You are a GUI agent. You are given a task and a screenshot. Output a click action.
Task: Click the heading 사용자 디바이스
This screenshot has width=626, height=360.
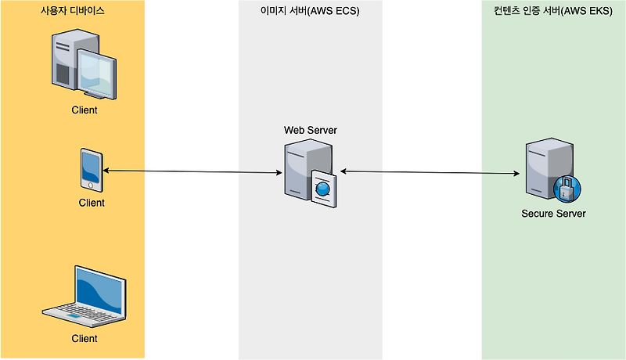click(x=72, y=11)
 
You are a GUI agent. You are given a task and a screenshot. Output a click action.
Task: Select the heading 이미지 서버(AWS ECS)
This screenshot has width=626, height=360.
click(x=310, y=11)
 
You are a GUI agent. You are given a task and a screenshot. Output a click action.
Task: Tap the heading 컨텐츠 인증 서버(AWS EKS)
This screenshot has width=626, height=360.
click(x=553, y=11)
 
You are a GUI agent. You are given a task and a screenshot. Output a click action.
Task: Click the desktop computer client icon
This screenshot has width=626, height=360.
click(x=84, y=64)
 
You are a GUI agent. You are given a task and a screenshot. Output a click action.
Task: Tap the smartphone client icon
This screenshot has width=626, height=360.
click(x=92, y=170)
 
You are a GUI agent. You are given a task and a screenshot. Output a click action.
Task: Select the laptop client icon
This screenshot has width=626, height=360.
click(x=85, y=297)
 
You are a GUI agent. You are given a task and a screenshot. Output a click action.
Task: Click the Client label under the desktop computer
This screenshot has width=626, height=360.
click(x=85, y=110)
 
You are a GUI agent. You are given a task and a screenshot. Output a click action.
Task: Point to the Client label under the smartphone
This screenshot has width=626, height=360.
click(x=92, y=203)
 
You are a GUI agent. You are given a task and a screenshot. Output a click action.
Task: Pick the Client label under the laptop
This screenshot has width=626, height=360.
click(x=85, y=338)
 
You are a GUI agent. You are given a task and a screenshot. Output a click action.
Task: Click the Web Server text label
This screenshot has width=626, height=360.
click(x=310, y=130)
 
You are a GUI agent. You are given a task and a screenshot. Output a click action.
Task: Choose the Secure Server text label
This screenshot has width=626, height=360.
click(x=553, y=214)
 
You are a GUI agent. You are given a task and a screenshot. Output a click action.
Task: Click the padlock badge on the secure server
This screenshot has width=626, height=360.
click(x=567, y=189)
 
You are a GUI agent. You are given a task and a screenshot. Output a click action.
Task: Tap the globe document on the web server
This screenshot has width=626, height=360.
click(x=323, y=189)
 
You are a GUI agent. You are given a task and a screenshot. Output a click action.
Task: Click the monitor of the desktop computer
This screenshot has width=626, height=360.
click(x=96, y=74)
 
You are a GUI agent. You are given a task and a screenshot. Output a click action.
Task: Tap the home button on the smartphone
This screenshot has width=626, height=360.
click(x=91, y=185)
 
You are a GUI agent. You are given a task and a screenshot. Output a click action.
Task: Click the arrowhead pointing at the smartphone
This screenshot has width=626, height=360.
click(x=106, y=171)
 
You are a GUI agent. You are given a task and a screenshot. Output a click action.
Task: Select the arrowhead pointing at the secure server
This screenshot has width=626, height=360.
click(x=516, y=173)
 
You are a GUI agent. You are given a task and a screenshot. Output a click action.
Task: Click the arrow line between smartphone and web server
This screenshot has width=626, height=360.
click(x=192, y=171)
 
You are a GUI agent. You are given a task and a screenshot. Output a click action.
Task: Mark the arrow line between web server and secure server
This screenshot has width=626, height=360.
click(x=430, y=172)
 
